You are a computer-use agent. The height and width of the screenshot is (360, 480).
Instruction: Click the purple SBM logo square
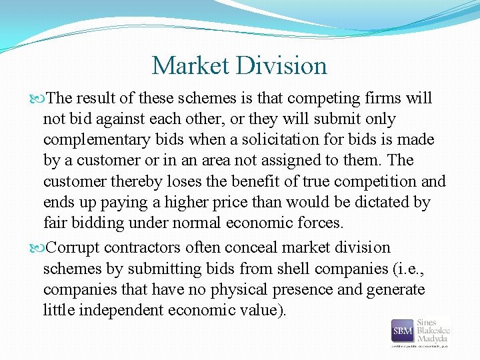click(401, 331)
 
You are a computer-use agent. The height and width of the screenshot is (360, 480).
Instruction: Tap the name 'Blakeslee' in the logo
click(433, 331)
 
